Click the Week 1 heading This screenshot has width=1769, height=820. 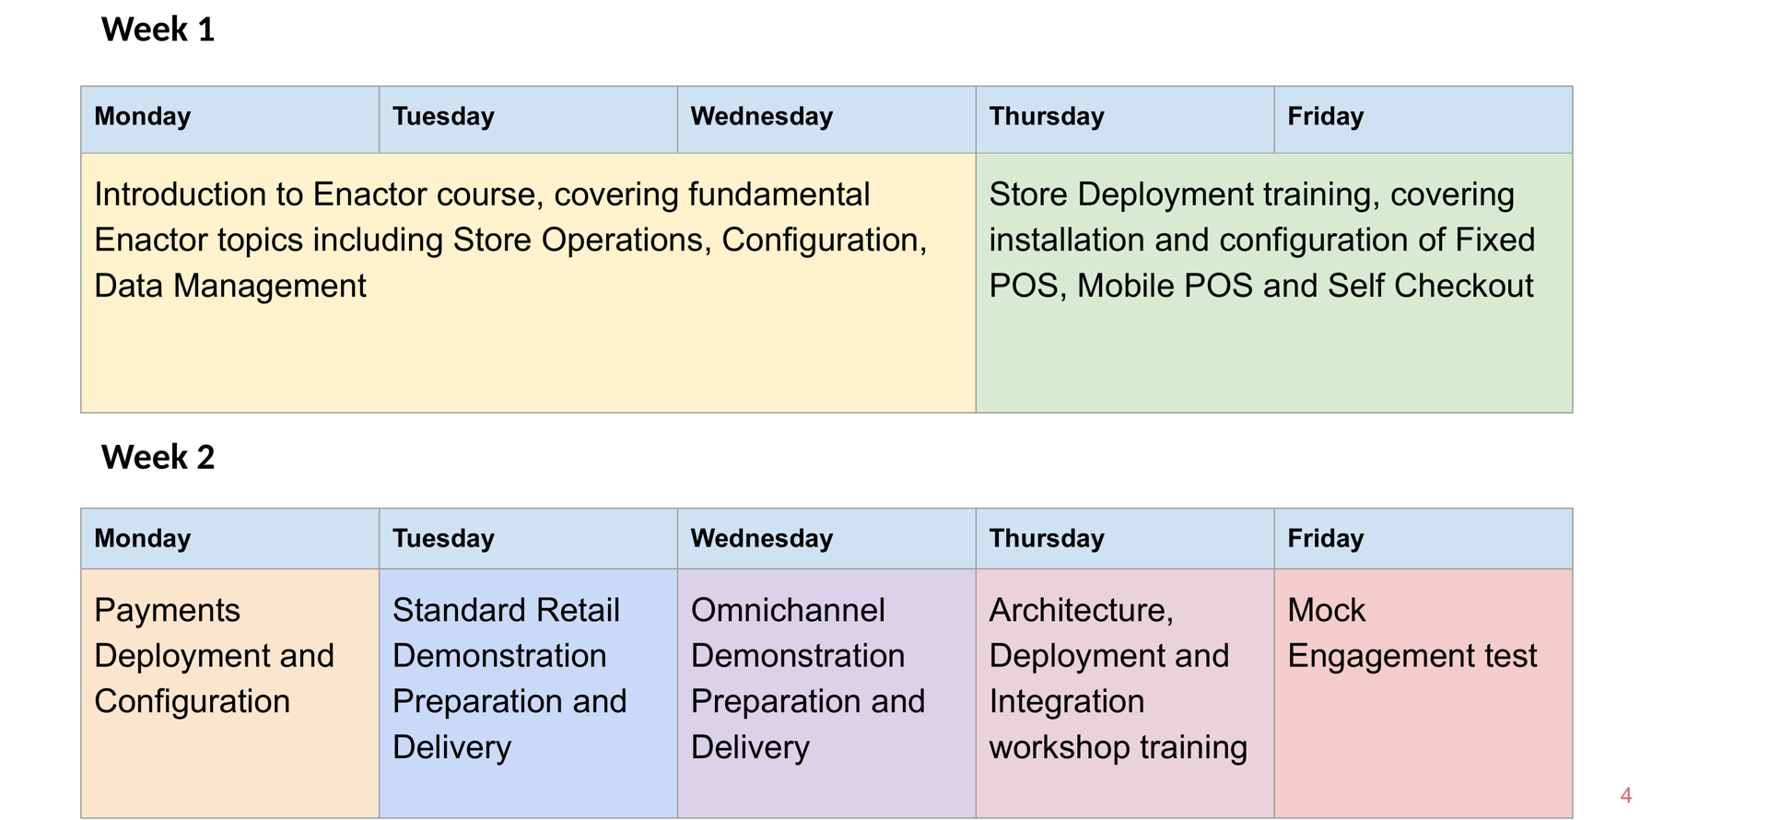[x=158, y=29]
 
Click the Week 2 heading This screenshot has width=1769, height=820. [x=158, y=457]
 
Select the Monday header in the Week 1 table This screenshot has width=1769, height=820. [x=142, y=116]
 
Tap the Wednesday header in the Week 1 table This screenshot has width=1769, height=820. [x=761, y=116]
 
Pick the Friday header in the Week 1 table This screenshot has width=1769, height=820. [x=1325, y=116]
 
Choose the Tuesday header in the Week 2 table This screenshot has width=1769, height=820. [x=443, y=538]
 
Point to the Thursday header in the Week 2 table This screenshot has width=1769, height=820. [x=1046, y=538]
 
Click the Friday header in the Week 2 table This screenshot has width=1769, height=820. [x=1325, y=538]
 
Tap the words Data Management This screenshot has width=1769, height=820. [x=229, y=286]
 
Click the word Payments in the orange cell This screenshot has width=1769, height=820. [x=167, y=610]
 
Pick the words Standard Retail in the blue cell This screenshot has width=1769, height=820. [x=506, y=610]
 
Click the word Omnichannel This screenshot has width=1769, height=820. [x=788, y=610]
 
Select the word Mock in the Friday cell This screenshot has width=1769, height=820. [x=1326, y=610]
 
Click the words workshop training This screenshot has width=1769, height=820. [x=1118, y=747]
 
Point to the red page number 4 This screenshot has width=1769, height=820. [x=1625, y=795]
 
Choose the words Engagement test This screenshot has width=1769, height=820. [x=1412, y=656]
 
